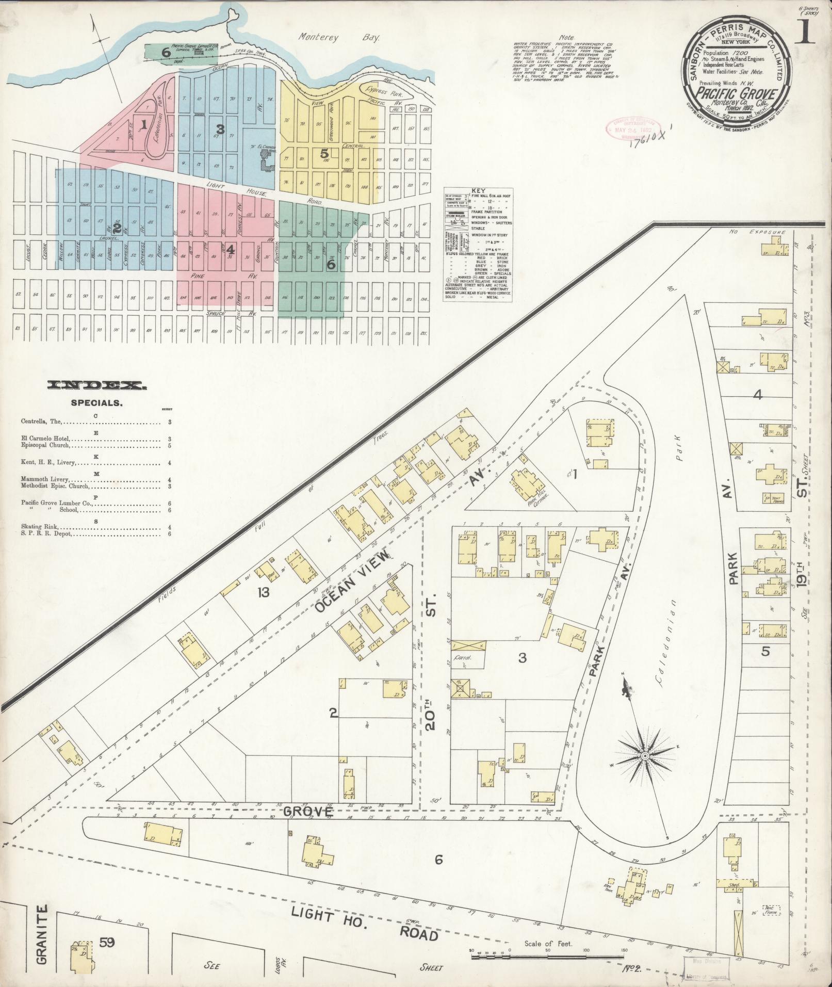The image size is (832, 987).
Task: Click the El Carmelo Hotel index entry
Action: tap(46, 438)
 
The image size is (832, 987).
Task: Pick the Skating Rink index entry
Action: tap(40, 527)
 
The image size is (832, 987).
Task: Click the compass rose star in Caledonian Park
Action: tap(644, 756)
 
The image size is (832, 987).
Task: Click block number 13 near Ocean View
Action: tap(264, 592)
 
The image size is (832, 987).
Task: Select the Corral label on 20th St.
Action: tap(463, 658)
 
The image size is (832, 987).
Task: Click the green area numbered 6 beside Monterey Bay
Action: tap(166, 52)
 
